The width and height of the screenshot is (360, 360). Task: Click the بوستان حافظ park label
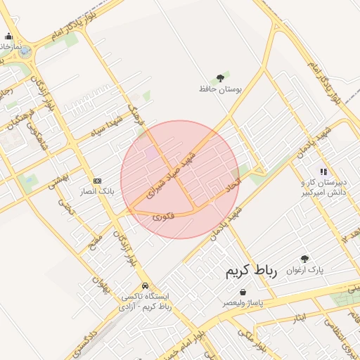coord(220,90)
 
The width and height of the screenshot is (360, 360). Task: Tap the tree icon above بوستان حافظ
coord(220,77)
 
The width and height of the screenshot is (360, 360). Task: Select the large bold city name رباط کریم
coord(252,271)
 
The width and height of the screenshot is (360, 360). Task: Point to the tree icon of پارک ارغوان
coord(304,259)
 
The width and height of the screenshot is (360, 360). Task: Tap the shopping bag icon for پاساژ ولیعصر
coord(243,292)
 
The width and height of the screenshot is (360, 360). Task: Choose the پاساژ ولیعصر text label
coord(243,302)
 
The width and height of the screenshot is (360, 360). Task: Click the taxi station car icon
coord(145,286)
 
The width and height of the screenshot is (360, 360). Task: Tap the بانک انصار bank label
coord(97,191)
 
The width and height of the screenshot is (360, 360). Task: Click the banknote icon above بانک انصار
coord(97,180)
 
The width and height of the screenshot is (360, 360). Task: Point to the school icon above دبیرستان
coord(323,171)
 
